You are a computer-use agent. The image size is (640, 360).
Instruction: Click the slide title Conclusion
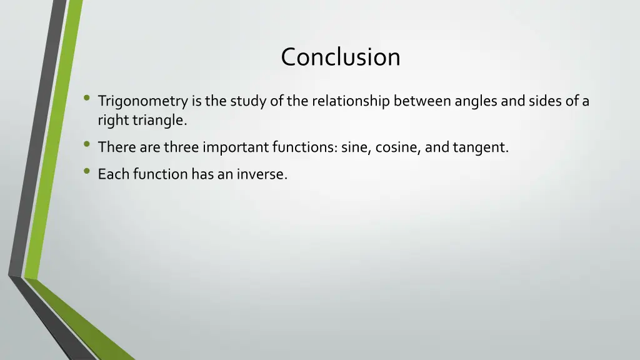pos(340,57)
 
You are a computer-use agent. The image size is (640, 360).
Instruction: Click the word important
pos(236,147)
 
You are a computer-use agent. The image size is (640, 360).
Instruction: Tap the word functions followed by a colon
pos(304,147)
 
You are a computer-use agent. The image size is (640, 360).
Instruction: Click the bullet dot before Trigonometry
pos(86,98)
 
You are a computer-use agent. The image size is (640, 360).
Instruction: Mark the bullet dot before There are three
pos(86,145)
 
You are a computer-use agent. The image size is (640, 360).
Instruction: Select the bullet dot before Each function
pos(86,172)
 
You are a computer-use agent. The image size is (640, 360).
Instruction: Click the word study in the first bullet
pos(249,101)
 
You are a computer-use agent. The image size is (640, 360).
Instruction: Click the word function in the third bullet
pos(157,174)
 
